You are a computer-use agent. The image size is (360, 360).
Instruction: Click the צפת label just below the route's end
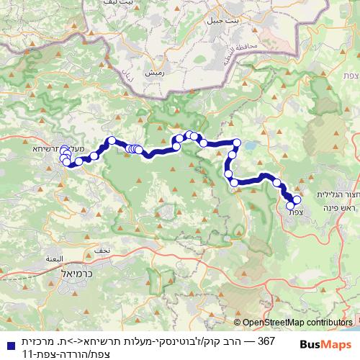point(296,212)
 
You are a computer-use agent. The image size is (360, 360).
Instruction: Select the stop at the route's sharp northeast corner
point(236,143)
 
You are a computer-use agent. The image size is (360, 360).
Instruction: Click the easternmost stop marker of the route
point(297,199)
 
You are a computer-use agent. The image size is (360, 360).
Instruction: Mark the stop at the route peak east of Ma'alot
point(111,140)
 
